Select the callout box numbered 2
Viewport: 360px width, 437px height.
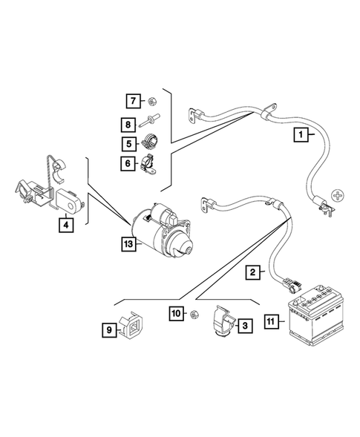click(254, 273)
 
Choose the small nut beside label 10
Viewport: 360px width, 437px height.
click(194, 315)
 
